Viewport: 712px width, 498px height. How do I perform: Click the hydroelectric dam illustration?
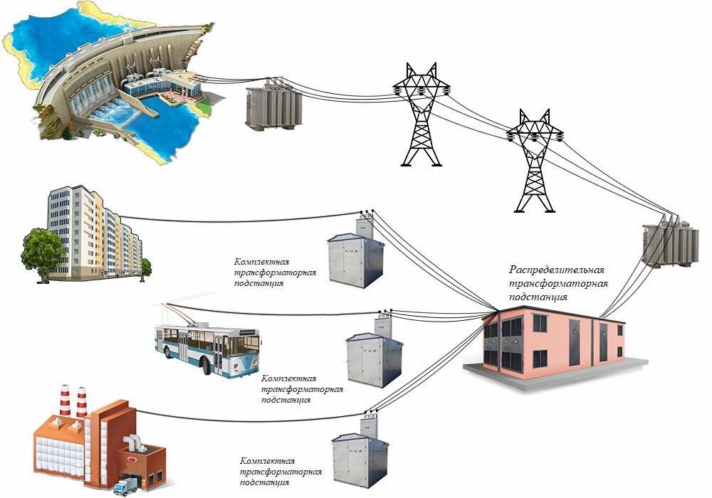coord(109,82)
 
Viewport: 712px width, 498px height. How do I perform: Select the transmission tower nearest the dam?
coord(422,115)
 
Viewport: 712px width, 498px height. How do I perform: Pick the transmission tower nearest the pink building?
coord(535,161)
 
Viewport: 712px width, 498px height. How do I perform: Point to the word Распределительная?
coord(557,270)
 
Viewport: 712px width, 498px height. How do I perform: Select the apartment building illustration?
coord(95,233)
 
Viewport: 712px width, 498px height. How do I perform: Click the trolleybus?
coord(207,347)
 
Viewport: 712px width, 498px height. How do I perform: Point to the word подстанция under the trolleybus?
coord(286,400)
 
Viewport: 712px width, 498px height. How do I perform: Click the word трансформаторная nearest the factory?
coord(281,472)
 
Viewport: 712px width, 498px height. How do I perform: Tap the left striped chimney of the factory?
coord(65,401)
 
